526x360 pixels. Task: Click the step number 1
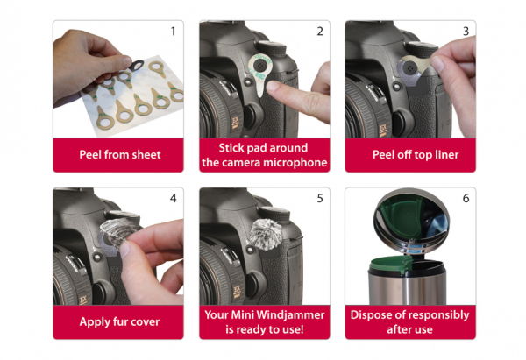[x=173, y=32]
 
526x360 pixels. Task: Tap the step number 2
[x=320, y=32]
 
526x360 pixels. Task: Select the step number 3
[x=466, y=32]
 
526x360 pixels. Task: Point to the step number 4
[x=173, y=199]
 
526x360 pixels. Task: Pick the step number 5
[x=320, y=199]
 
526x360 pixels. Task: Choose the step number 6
[x=466, y=199]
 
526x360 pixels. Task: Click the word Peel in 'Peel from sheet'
[x=90, y=154]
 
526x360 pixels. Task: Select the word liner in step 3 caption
[x=447, y=154]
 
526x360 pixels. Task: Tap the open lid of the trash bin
[x=411, y=218]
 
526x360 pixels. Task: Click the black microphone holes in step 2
[x=259, y=65]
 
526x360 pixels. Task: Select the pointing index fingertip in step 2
[x=273, y=87]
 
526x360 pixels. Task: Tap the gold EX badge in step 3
[x=383, y=130]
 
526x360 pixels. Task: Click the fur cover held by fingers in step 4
[x=118, y=232]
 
